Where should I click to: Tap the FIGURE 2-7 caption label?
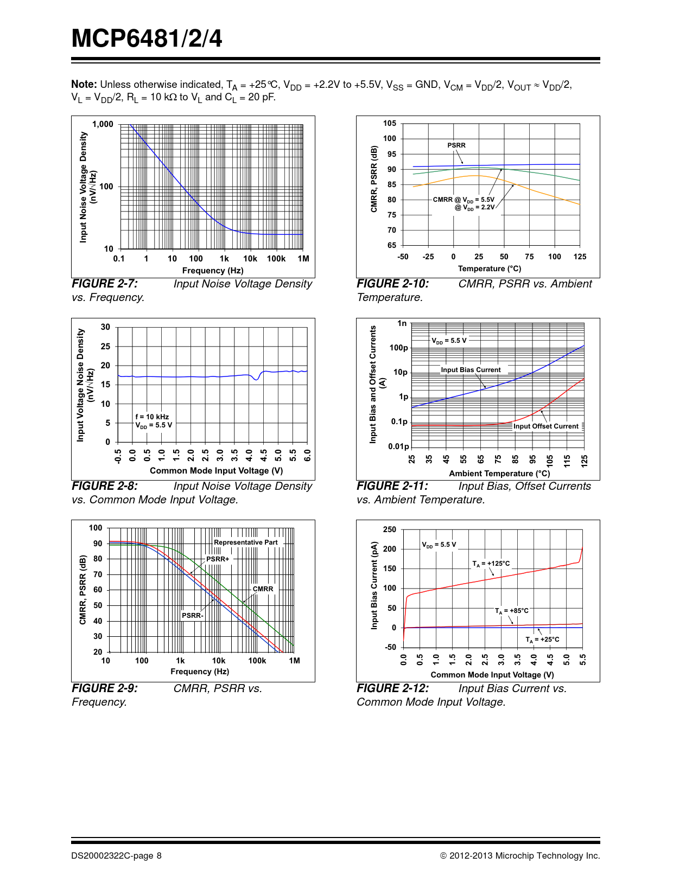coord(105,284)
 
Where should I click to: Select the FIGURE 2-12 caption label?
coord(392,688)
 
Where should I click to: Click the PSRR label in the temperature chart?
coord(456,145)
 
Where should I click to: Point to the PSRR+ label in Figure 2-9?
coord(218,559)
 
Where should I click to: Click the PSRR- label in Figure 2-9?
coord(193,616)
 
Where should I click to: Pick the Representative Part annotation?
coord(246,542)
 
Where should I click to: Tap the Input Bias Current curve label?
coord(471,370)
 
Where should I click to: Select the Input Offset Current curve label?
coord(546,426)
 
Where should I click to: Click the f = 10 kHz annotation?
coord(152,417)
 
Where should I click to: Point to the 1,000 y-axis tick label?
coord(103,124)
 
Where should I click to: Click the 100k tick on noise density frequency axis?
coord(276,259)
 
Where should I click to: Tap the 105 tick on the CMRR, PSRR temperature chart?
coord(390,123)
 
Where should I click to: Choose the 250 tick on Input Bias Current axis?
coord(390,529)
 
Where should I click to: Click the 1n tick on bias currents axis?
coord(402,323)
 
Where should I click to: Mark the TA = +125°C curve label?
coord(491,564)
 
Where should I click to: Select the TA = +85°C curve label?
coord(512,611)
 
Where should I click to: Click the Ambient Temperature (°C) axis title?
coord(499,474)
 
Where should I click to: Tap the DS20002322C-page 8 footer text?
coord(116,855)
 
